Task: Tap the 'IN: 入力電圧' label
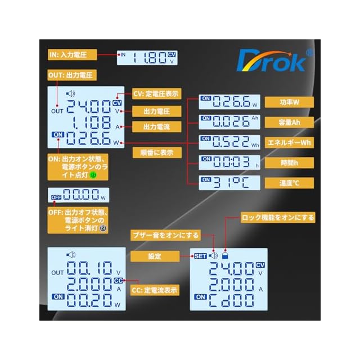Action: (x=73, y=55)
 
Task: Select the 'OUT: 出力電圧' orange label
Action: (x=73, y=75)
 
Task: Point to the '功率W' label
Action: (x=289, y=102)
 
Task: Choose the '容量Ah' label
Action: (x=289, y=122)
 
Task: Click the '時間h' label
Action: (x=289, y=163)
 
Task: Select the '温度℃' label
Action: (x=289, y=182)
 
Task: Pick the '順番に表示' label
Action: (x=156, y=152)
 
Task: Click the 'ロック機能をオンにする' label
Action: (x=277, y=217)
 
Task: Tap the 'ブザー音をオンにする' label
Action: (x=165, y=235)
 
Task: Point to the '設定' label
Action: (x=155, y=256)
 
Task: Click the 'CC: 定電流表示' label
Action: (x=155, y=290)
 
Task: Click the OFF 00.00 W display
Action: (x=78, y=196)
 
